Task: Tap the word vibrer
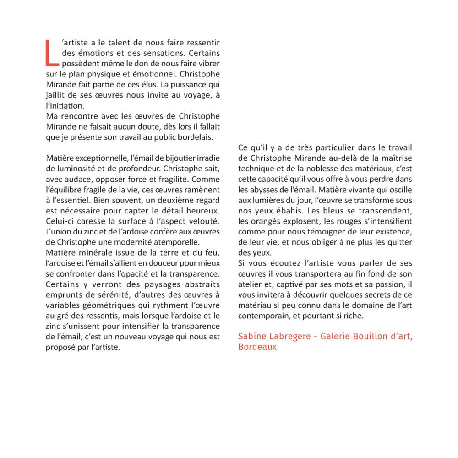pos(209,63)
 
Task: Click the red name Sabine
pos(251,337)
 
